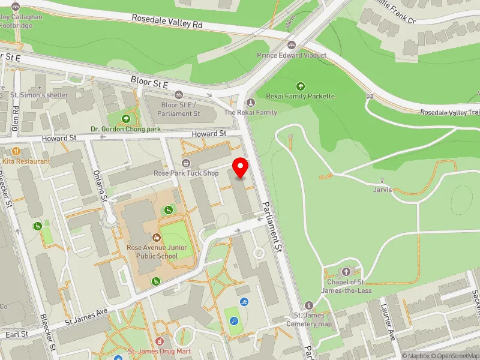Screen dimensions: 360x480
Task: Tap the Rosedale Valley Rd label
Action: coord(167,22)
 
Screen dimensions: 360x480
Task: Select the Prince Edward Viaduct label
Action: coord(292,55)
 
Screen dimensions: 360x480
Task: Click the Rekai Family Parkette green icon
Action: coord(301,86)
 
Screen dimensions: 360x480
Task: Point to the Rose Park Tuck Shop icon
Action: coord(186,163)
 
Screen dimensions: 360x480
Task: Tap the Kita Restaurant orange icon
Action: coord(16,152)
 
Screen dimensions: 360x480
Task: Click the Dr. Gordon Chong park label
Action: coord(126,128)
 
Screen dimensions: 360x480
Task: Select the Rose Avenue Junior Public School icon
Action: coord(157,238)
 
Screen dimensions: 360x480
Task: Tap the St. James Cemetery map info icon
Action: coord(309,305)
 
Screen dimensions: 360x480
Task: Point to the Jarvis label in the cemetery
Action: coord(382,190)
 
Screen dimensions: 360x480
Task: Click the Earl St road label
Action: coord(16,334)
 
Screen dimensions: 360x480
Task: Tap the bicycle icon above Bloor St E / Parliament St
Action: coord(178,95)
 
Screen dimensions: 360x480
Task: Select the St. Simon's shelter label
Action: coord(47,95)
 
